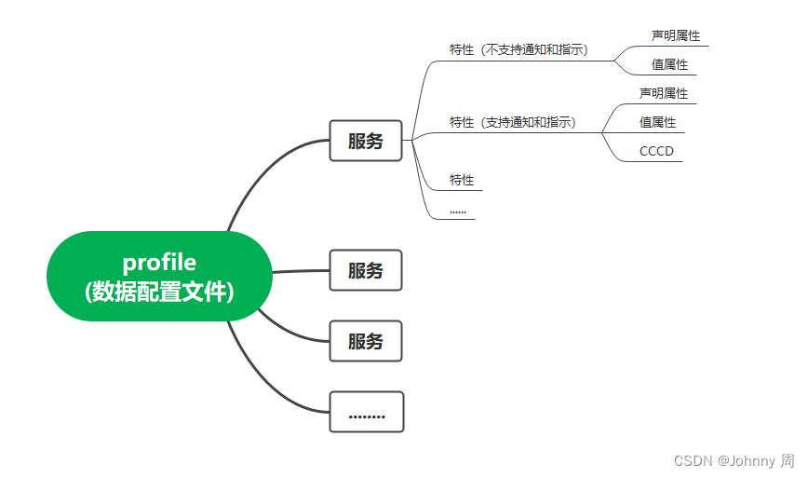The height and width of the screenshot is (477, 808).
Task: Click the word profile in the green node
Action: (159, 263)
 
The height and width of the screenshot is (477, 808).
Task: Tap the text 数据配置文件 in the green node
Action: (159, 292)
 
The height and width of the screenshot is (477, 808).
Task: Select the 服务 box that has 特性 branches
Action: (366, 141)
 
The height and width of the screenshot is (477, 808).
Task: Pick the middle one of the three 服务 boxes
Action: (366, 270)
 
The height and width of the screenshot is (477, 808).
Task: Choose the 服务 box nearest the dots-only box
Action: (366, 341)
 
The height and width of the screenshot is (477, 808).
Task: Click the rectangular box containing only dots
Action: (366, 412)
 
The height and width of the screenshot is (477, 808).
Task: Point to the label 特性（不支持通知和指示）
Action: (518, 49)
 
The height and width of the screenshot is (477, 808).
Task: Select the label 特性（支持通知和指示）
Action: (513, 121)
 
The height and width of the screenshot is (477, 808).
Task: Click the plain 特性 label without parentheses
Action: (462, 179)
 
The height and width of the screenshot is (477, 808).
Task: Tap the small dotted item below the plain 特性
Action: (458, 211)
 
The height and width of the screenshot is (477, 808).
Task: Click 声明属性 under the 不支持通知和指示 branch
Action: (675, 35)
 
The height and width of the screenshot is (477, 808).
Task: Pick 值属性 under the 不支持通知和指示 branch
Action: (669, 64)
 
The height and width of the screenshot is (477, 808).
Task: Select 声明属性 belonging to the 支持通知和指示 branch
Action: (663, 93)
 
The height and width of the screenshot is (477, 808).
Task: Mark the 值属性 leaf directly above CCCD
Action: (657, 122)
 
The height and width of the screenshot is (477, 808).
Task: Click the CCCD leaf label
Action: (656, 151)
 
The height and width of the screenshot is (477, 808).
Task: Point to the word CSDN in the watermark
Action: (692, 460)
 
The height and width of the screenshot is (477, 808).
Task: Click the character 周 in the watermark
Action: (788, 460)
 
